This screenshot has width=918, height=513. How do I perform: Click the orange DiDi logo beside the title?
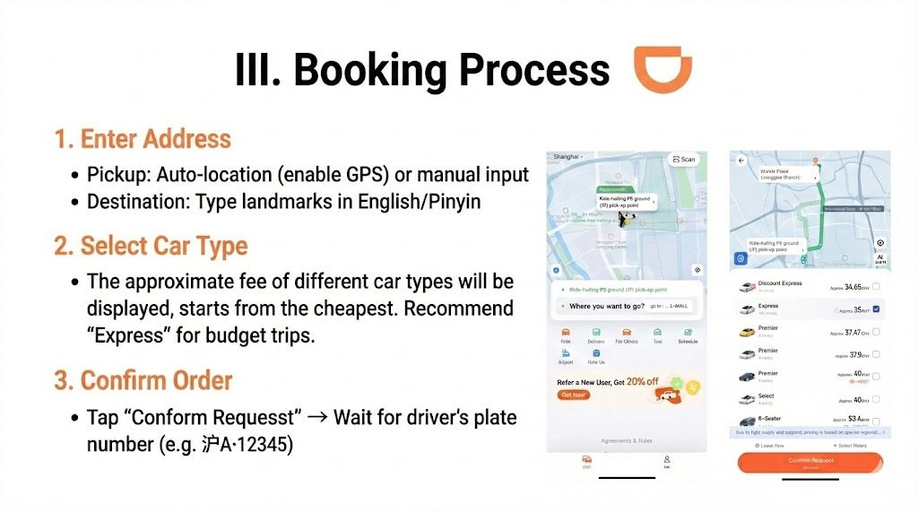point(663,69)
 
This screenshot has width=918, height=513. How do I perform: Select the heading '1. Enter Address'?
point(143,139)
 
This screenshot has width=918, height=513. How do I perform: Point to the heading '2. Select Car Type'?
point(151,245)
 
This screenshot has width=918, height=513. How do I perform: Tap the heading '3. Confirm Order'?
point(143,379)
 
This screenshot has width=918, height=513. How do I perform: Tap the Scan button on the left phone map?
point(682,160)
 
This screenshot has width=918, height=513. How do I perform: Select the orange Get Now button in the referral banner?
point(574,395)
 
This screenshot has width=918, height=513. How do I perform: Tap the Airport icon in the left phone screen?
point(566,355)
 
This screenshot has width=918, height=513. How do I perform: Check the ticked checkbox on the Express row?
point(876,309)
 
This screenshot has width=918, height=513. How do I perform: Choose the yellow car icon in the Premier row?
point(746,332)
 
